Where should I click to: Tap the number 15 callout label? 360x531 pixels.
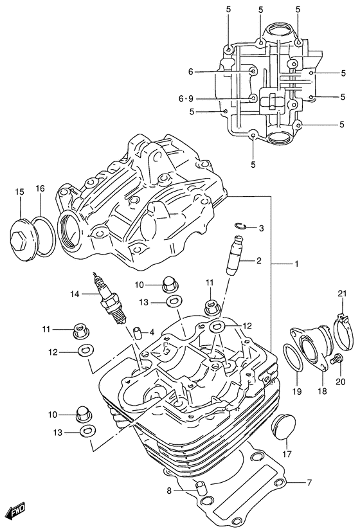[19, 191]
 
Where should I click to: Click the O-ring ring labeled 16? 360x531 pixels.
[42, 235]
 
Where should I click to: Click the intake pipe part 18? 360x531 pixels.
[308, 347]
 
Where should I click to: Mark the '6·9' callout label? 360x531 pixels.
[186, 98]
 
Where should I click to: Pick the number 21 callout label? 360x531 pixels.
[343, 294]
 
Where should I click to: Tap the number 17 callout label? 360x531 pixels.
[287, 455]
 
